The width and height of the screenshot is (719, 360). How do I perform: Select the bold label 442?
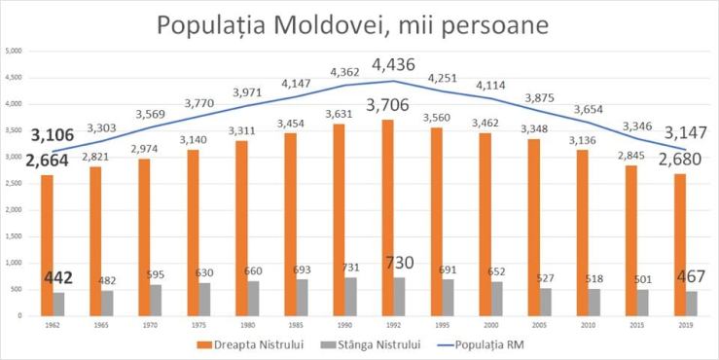click(x=58, y=278)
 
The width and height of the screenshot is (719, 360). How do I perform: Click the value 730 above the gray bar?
click(x=401, y=264)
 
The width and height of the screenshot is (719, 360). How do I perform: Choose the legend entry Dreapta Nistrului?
click(x=247, y=344)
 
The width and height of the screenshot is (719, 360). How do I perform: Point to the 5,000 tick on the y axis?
click(x=14, y=51)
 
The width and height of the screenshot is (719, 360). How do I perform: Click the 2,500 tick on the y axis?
click(x=14, y=183)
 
